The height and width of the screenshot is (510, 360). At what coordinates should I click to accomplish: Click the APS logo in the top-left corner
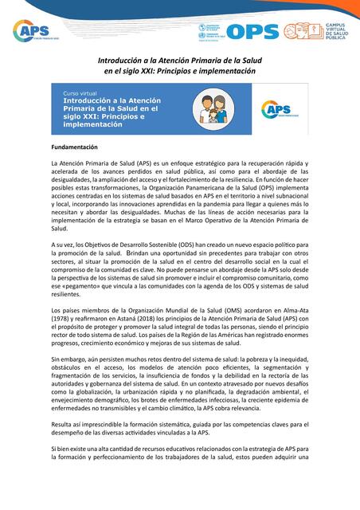pos(31,31)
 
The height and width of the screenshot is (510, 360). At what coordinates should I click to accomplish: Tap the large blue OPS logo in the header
pos(241,32)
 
